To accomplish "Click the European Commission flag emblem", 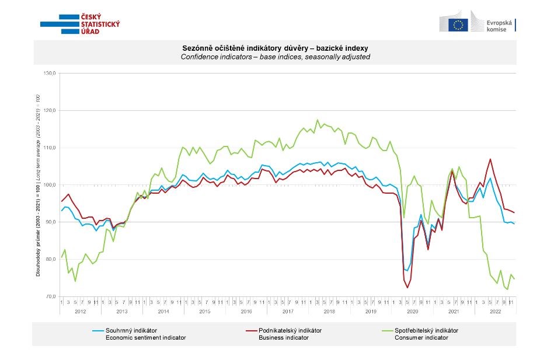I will click(x=458, y=25).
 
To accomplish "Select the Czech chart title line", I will click(x=275, y=48).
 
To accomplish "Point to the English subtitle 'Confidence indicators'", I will click(x=275, y=57).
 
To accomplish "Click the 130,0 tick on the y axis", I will click(x=50, y=74).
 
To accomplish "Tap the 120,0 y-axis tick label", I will click(x=50, y=110).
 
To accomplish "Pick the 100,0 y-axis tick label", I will click(x=50, y=185).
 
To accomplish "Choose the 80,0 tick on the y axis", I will click(x=50, y=259).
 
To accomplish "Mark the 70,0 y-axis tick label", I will click(x=50, y=296).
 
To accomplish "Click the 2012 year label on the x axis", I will click(x=80, y=312).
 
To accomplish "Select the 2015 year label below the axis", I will click(x=205, y=312).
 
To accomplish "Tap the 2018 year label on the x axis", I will click(x=329, y=312).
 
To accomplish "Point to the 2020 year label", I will click(x=412, y=312).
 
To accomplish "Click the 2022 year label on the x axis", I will click(x=495, y=312).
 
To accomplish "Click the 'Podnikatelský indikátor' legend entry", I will click(x=290, y=330).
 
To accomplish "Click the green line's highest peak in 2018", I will click(x=318, y=120).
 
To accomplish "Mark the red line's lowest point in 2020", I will click(x=407, y=288).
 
